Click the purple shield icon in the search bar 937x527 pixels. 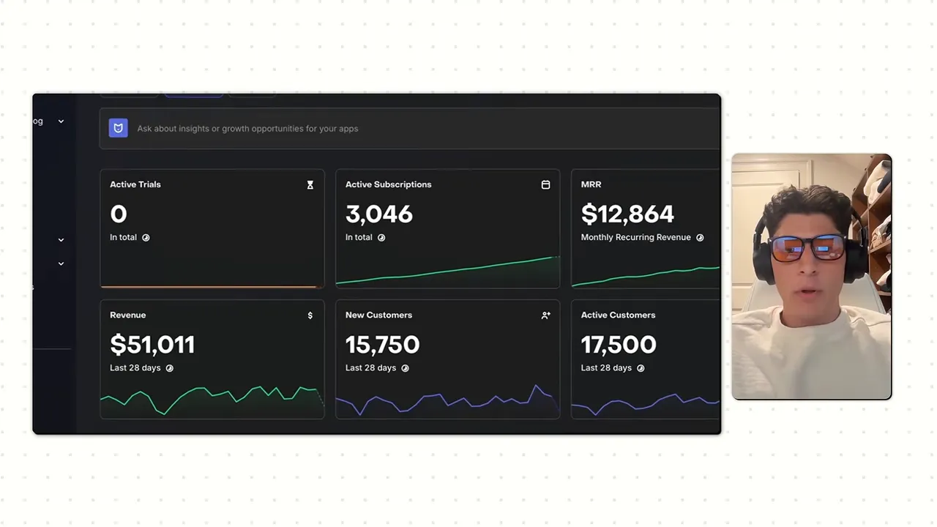click(x=119, y=128)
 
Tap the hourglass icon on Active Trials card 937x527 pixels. click(x=310, y=185)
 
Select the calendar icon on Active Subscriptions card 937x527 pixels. click(x=545, y=184)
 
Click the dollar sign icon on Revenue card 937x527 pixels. click(x=310, y=315)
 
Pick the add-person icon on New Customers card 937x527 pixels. click(x=545, y=315)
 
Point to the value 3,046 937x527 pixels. click(x=379, y=214)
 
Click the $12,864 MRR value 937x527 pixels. click(x=627, y=214)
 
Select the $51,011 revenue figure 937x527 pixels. click(x=152, y=345)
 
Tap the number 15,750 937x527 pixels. click(x=382, y=345)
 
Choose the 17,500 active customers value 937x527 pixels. click(x=619, y=345)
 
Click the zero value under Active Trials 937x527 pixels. click(x=119, y=214)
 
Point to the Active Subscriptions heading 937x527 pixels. click(x=388, y=184)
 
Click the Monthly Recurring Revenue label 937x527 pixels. click(x=636, y=237)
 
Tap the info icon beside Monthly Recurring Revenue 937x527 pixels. click(x=700, y=238)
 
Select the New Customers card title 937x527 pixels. click(x=378, y=315)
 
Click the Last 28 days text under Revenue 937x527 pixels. click(x=135, y=367)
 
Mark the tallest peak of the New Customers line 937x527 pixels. click(x=537, y=386)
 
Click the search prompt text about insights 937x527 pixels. click(x=247, y=128)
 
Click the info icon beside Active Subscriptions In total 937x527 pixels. click(x=381, y=238)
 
